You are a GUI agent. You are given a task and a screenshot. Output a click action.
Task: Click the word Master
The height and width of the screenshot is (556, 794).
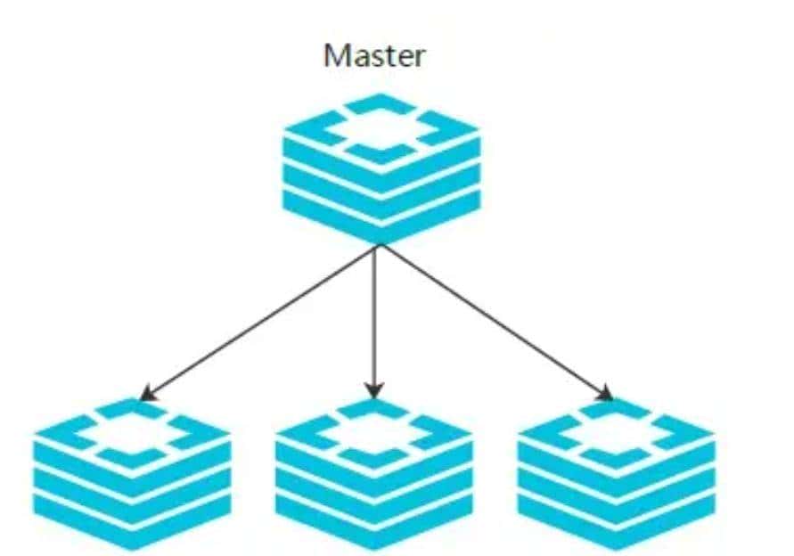tap(374, 56)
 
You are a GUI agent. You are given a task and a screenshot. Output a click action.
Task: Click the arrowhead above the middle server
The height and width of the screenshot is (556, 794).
tap(375, 389)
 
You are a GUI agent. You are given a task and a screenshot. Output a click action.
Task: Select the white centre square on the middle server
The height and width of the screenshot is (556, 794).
tap(374, 434)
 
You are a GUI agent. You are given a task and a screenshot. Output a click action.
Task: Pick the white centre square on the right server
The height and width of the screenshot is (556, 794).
tap(616, 434)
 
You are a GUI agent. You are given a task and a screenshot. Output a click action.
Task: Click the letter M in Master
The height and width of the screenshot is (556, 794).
tap(335, 56)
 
